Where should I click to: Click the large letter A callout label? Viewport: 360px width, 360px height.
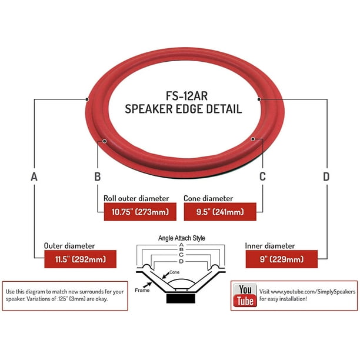(34, 177)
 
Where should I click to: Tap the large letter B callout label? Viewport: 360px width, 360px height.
(98, 177)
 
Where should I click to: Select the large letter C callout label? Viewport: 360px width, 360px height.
(262, 176)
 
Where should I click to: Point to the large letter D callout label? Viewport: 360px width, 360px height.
(326, 176)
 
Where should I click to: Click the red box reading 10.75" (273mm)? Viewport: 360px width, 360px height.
(140, 212)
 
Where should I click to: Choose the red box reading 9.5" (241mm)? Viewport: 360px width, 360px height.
(220, 212)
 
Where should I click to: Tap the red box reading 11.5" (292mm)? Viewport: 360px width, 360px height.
(81, 259)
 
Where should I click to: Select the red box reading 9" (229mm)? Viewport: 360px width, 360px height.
(282, 259)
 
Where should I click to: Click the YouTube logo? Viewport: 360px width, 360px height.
(245, 295)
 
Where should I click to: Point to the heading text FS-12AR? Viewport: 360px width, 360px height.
(186, 96)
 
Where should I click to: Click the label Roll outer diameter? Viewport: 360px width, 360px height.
(136, 198)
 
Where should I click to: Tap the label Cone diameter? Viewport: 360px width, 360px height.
(208, 198)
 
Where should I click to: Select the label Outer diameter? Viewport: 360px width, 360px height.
(69, 246)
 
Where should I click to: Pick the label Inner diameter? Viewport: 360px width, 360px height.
(270, 246)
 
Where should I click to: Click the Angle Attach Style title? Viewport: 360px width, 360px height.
(182, 238)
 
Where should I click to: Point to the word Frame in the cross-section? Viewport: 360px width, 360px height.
(142, 291)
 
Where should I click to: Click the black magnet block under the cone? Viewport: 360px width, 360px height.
(181, 298)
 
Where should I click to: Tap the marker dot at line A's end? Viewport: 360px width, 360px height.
(87, 99)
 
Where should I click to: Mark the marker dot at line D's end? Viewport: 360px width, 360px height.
(259, 99)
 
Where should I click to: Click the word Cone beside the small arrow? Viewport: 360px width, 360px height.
(174, 272)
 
